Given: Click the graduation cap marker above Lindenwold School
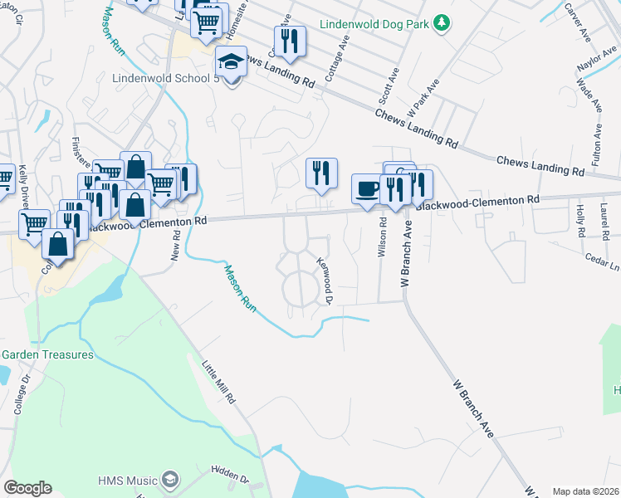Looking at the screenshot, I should (231, 61).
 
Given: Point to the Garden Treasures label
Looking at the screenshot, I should (47, 354).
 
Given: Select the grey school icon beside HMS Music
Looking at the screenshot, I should (170, 480).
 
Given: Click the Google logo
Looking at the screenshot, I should (27, 488).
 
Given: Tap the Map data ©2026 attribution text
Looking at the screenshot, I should (584, 491).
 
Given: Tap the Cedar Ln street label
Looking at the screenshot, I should (604, 264).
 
